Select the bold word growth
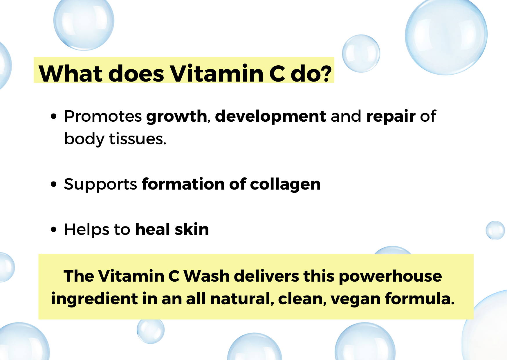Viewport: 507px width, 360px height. [x=176, y=117]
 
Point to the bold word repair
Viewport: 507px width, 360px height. [x=391, y=117]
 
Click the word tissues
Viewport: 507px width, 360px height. [x=138, y=139]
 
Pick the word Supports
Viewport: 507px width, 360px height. [x=100, y=185]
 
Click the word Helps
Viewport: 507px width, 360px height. [x=86, y=230]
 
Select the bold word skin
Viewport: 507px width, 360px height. [x=192, y=229]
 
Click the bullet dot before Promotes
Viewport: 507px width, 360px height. [x=53, y=117]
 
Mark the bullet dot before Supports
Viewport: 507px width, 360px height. [x=53, y=184]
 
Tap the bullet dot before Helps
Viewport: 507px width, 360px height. [x=53, y=230]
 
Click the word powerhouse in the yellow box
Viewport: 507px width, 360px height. [x=390, y=276]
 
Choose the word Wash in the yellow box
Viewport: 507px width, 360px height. [x=207, y=276]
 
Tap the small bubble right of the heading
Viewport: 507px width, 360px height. [x=361, y=53]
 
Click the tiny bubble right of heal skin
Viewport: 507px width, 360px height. [x=495, y=230]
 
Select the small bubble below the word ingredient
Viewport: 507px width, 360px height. [x=151, y=330]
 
